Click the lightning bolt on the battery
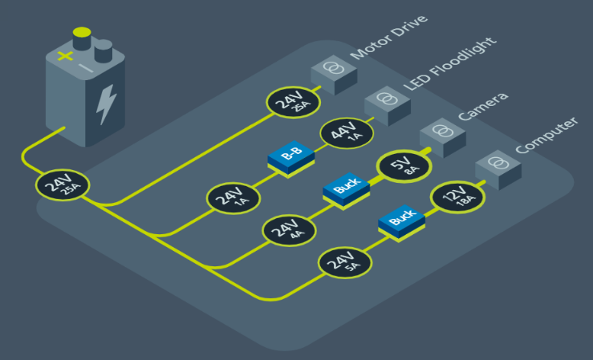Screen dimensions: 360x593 106,103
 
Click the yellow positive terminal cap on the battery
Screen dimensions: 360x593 82,34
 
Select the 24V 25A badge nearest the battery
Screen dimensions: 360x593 62,186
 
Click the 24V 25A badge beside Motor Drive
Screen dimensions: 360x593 294,102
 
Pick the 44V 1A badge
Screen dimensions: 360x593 347,132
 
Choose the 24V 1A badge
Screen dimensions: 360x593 234,197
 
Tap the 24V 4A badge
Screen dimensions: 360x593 290,229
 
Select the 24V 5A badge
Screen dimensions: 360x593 346,261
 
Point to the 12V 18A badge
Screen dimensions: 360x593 459,197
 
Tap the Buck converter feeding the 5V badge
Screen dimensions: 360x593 346,190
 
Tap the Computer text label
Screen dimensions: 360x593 545,135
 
